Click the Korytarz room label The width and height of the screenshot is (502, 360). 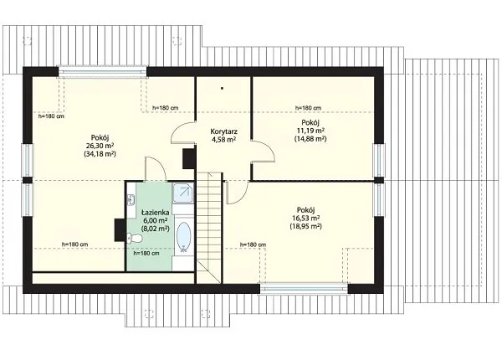point(223,131)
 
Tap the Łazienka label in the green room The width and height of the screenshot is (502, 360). point(156,212)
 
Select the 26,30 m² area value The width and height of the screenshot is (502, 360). point(100,146)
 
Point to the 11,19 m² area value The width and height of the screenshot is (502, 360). point(310,131)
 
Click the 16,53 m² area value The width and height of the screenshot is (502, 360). point(305,219)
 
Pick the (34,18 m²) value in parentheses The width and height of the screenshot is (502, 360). point(100,154)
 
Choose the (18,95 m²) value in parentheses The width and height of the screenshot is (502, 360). point(305,226)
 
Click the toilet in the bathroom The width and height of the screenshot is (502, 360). point(135,239)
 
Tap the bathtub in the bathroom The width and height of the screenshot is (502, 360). point(184,236)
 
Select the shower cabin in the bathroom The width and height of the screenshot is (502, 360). point(183,193)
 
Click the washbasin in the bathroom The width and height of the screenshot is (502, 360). point(131,200)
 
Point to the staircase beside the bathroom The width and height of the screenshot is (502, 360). point(208,228)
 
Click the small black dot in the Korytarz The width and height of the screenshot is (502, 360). point(222,88)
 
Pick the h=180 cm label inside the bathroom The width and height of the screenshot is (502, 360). point(146,253)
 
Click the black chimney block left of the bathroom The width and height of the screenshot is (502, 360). point(120,229)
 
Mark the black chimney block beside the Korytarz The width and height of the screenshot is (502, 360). point(188,158)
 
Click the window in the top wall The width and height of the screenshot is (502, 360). point(102,72)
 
